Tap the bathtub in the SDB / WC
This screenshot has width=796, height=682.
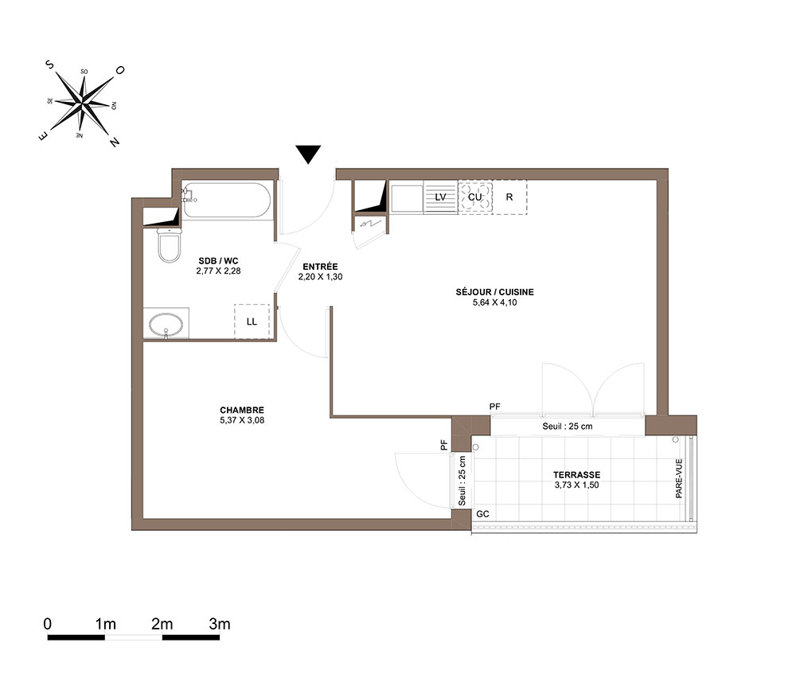coord(226,200)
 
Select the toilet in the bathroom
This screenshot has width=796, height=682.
coord(169,245)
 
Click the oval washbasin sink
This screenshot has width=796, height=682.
coord(166,325)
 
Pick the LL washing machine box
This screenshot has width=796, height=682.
coord(252,322)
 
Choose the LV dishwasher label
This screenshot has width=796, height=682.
coord(440,197)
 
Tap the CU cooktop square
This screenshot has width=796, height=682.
coord(475,197)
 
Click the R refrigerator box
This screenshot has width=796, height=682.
coord(509,197)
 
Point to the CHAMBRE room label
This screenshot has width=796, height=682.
coord(242,410)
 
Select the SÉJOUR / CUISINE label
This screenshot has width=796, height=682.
coord(494,292)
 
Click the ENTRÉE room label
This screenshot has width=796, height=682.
coord(320,267)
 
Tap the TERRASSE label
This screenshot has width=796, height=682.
coord(576,475)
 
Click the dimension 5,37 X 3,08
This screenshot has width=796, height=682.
coord(242,420)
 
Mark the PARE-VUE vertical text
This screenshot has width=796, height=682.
coord(679,478)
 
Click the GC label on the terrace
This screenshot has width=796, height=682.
coord(482,514)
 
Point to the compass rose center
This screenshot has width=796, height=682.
coord(82,103)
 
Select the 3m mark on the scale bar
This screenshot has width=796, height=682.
coord(220,624)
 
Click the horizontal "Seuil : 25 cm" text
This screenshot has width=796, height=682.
coord(567,427)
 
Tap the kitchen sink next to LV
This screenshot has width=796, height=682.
coord(407,199)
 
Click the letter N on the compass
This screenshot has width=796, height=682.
coord(115,142)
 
